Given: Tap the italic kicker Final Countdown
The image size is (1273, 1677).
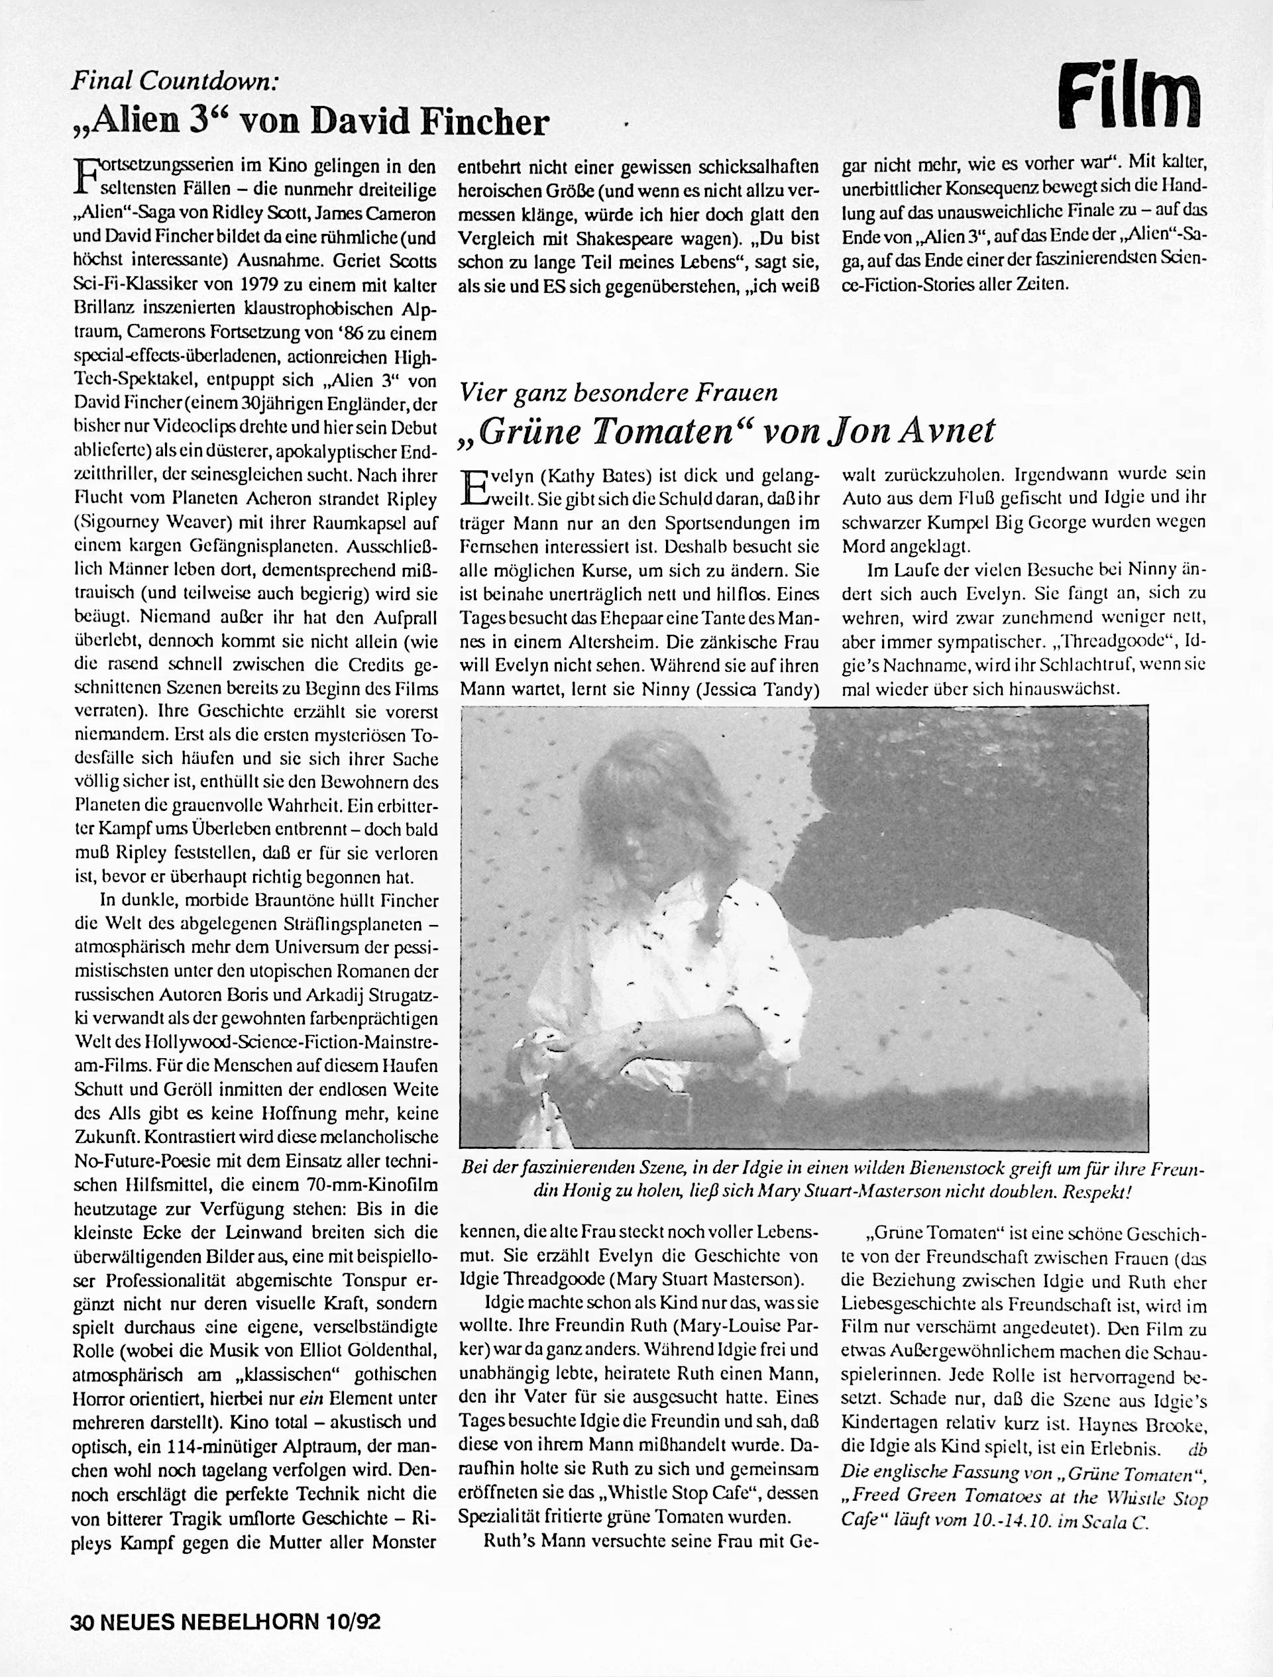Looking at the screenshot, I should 175,80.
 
